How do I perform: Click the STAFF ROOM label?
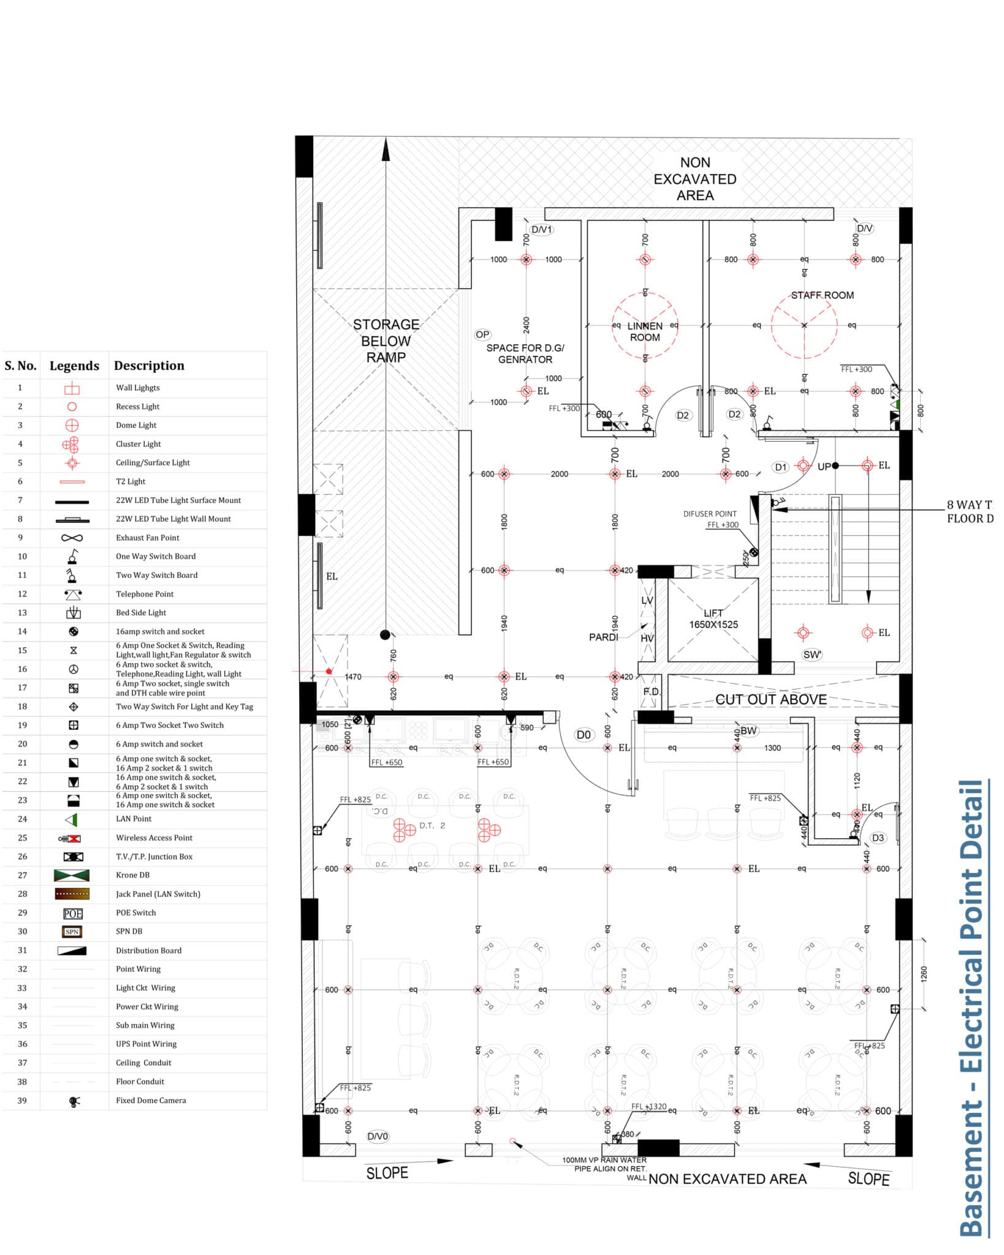point(822,295)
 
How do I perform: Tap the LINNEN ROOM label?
point(645,332)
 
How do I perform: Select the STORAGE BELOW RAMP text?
point(386,341)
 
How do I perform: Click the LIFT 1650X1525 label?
point(713,619)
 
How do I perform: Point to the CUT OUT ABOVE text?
point(770,699)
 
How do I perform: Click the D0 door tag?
point(584,735)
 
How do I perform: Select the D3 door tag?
point(878,838)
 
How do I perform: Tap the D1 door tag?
point(780,467)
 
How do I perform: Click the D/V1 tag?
point(541,230)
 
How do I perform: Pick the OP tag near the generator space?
point(482,335)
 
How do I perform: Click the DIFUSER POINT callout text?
point(710,514)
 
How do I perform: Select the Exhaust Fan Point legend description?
point(148,537)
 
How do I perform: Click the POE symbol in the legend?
point(72,914)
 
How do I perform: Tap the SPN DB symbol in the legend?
point(72,932)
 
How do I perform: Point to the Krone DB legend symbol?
point(72,876)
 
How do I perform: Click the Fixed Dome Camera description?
point(151,1100)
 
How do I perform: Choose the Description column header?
point(149,366)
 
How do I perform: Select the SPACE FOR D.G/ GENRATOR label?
point(525,354)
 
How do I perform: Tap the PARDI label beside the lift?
point(603,637)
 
